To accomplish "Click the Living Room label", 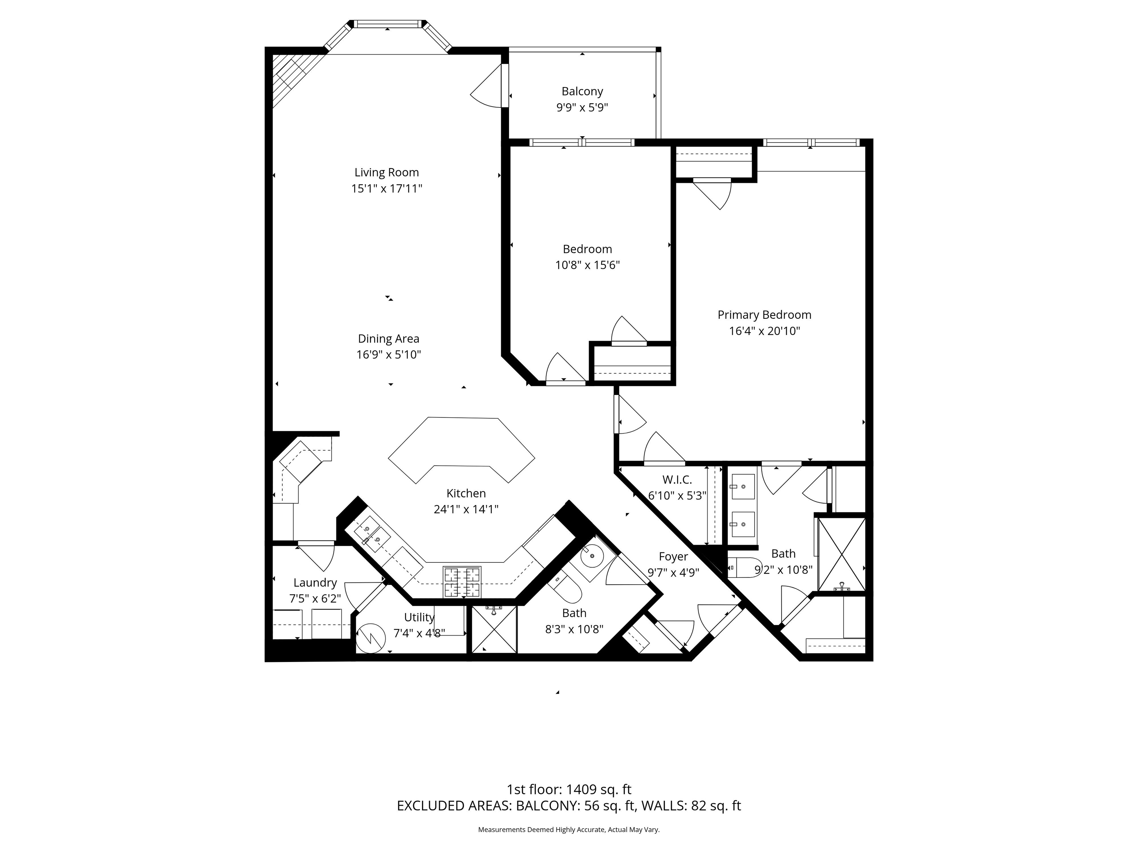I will coord(386,172).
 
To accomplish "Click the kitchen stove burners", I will coord(462,582).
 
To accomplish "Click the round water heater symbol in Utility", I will coord(370,638).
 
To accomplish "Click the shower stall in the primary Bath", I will coord(842,554).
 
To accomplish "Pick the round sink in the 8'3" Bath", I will coord(594,555).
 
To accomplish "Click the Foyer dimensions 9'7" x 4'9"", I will coord(673,572).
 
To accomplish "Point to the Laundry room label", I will coord(315,582).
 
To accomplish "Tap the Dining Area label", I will coord(389,339).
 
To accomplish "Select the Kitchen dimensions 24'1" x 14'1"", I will coord(466,509).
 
